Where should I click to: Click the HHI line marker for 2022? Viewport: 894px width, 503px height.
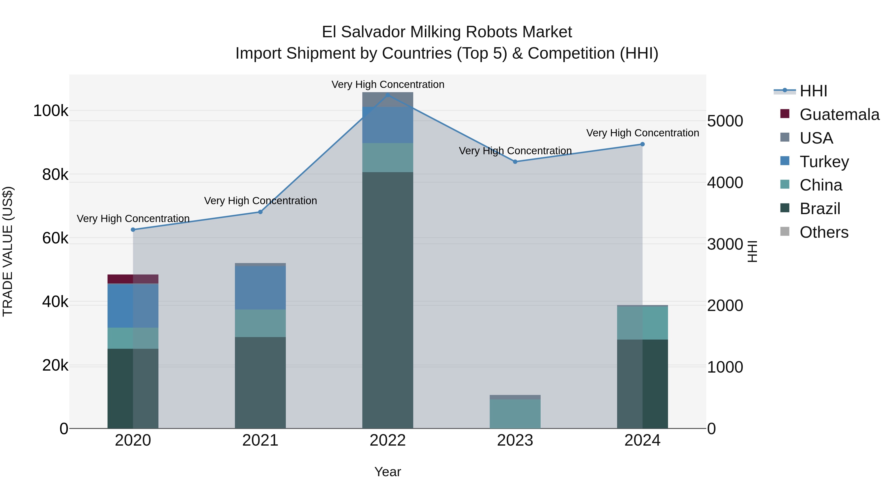pos(388,95)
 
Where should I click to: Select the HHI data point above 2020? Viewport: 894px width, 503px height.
pos(133,230)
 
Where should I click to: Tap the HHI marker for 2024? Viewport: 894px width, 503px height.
pos(642,144)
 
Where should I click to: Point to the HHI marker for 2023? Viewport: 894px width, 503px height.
pos(515,162)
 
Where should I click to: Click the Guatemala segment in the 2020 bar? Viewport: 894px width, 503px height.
pos(133,279)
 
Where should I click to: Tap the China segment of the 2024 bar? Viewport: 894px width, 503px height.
pos(642,323)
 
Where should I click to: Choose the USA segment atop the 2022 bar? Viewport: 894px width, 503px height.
pos(388,99)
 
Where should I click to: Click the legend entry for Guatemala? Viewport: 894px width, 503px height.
pos(839,115)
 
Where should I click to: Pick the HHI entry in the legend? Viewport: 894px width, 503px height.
pos(813,91)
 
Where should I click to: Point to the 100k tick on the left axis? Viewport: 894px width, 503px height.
pos(51,111)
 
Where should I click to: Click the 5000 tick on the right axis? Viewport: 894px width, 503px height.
pos(725,121)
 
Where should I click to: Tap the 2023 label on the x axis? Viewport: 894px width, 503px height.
pos(515,440)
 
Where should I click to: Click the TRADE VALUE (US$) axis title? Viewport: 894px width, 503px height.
pos(8,251)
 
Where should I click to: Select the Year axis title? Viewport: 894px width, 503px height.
pos(388,472)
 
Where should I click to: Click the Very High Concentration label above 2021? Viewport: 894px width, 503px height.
pos(260,201)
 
